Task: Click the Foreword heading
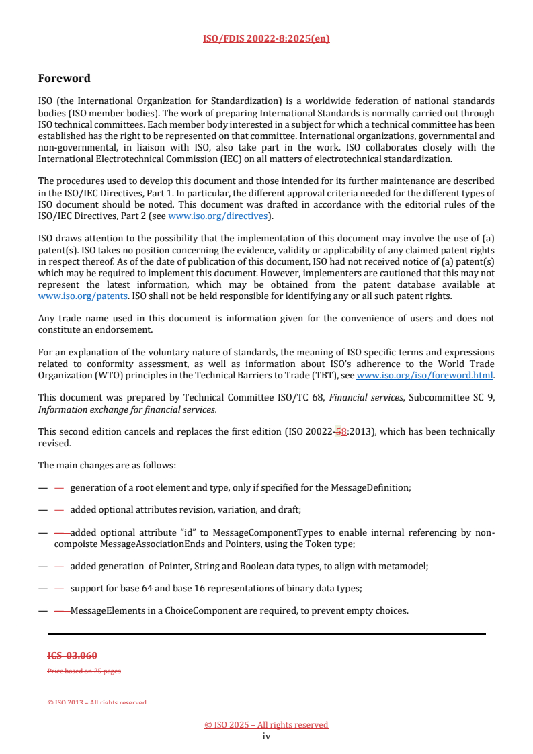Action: [x=65, y=79]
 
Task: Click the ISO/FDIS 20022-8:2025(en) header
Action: [x=266, y=38]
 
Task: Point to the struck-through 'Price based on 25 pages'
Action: [x=84, y=671]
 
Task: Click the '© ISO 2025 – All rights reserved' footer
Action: [x=266, y=724]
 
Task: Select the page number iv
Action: [x=266, y=736]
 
